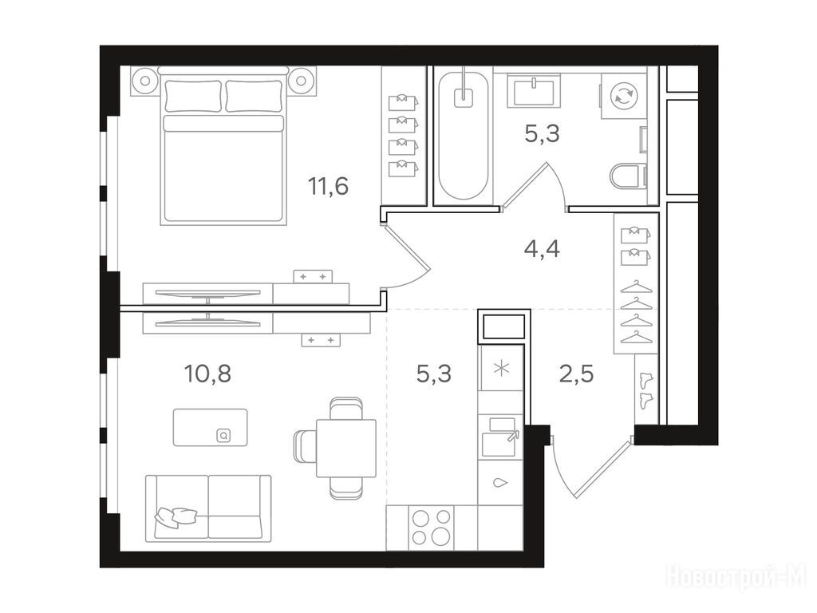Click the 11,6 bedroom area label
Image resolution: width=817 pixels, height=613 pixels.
point(328,186)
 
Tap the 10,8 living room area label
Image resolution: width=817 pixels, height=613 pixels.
point(207,374)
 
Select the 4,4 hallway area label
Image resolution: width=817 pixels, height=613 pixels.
point(542,249)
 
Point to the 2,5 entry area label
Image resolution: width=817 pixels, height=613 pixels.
point(576,374)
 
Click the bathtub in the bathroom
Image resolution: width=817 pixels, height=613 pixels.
point(464,136)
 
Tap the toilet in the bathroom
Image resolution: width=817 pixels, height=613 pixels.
point(628,176)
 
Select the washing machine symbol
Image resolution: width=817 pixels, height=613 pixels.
point(624,96)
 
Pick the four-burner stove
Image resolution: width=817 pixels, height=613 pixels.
point(431,528)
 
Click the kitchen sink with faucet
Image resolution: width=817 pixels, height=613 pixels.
point(502,437)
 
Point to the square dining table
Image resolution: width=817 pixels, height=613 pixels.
point(346,448)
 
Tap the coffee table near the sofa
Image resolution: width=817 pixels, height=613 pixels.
point(211,428)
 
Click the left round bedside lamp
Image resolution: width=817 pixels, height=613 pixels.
point(145,81)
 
